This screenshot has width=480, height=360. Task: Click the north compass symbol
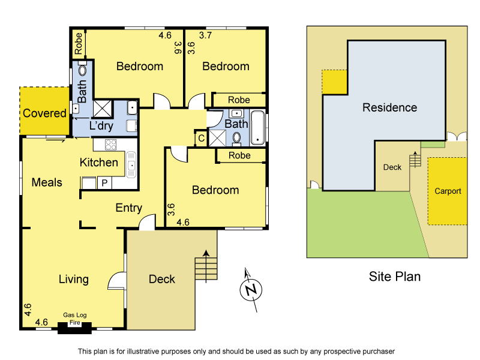(x=252, y=290)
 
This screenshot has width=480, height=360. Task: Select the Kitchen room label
(x=99, y=162)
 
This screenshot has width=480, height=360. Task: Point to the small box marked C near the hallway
(x=201, y=139)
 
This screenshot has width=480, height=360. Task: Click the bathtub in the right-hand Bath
(x=258, y=127)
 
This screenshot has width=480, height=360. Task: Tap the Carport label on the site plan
(x=448, y=191)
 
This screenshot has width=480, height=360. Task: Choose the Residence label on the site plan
(x=389, y=108)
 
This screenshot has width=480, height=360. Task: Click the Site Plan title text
(x=394, y=277)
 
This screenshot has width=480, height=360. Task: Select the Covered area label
(x=44, y=113)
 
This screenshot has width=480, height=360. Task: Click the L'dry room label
(x=101, y=126)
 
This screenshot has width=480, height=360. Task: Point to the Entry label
(x=128, y=208)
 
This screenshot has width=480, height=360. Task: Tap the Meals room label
(x=47, y=182)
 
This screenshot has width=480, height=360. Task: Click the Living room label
(x=74, y=279)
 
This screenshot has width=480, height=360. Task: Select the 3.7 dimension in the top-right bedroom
(x=205, y=35)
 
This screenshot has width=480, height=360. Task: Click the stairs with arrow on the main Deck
(x=205, y=267)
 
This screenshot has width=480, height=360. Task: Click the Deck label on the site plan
(x=392, y=167)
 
